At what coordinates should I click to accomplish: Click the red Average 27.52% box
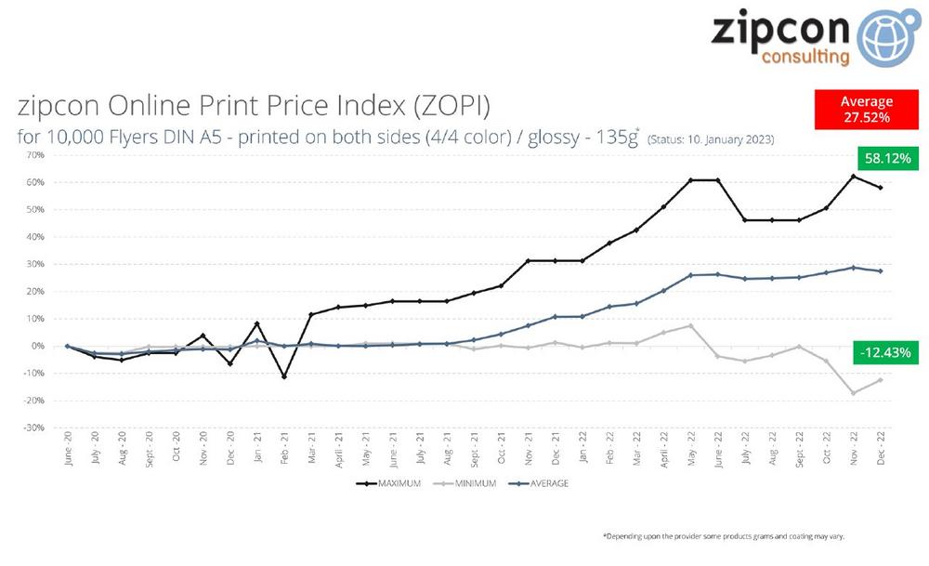866,110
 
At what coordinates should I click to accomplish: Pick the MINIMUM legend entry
468,483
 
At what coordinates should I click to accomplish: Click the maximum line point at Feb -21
284,376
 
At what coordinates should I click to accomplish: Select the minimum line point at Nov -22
853,393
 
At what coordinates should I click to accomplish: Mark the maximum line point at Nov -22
853,177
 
